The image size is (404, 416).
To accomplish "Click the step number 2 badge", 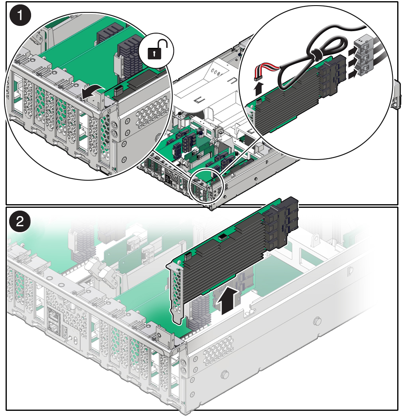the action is [20, 221].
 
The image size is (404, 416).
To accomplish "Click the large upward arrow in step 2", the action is [228, 301].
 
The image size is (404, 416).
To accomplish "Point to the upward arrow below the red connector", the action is [259, 89].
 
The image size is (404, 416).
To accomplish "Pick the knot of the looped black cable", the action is [316, 54].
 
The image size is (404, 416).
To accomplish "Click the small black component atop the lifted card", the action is [222, 237].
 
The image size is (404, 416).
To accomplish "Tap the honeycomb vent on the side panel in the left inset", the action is [152, 109].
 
